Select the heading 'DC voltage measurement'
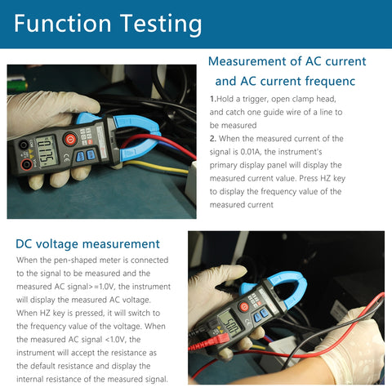87,243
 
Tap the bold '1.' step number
214,98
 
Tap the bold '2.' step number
214,139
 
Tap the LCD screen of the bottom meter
233,324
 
